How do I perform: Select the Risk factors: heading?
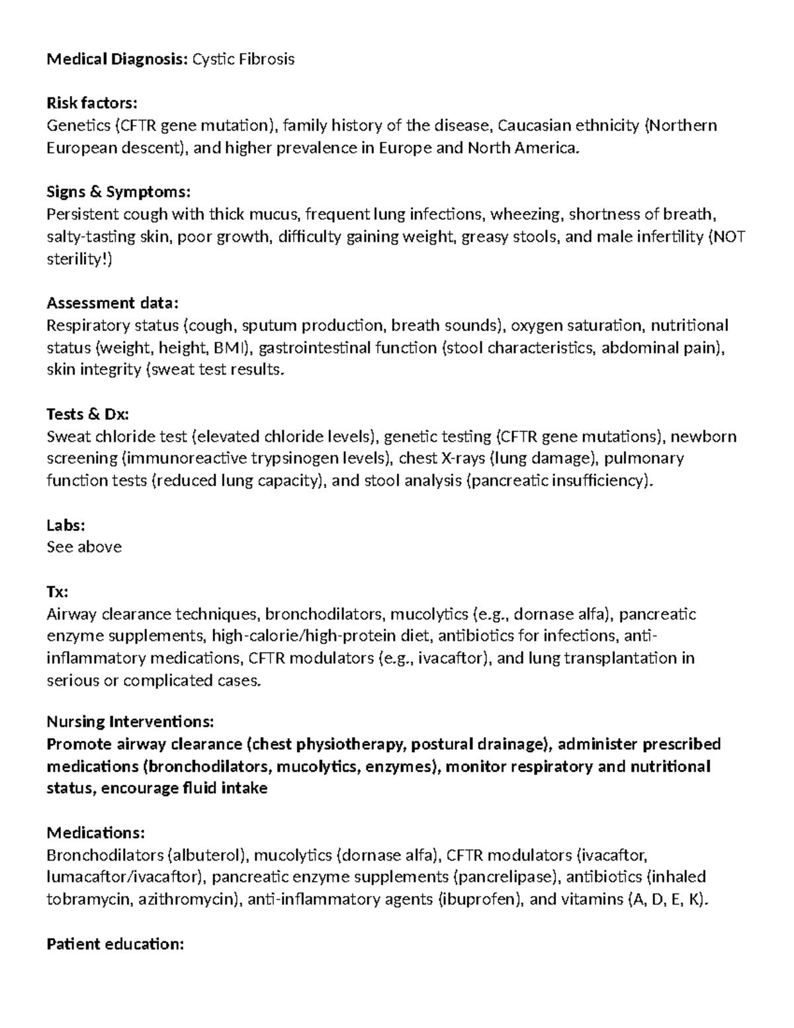92,103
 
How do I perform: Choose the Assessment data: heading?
112,303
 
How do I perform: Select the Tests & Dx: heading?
87,414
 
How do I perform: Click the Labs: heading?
66,525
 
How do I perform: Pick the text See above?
84,547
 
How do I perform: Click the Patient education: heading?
115,944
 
